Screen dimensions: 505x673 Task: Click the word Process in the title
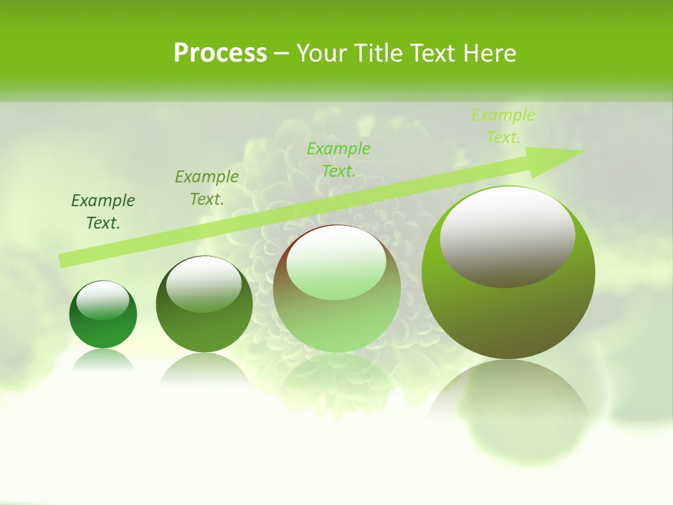[220, 53]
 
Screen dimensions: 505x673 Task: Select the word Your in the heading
[322, 53]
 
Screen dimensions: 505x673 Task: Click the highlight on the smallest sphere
[102, 300]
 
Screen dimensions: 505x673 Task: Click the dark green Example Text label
[103, 212]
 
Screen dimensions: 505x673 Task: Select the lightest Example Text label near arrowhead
[503, 126]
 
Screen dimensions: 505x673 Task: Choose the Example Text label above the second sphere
[207, 187]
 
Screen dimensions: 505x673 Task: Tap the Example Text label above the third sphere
[339, 159]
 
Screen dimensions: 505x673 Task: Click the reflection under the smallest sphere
[103, 360]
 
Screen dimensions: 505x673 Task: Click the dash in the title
[281, 53]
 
